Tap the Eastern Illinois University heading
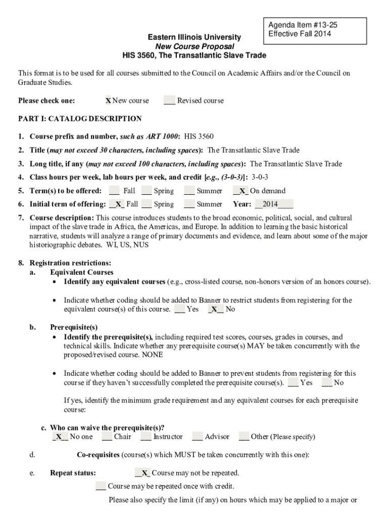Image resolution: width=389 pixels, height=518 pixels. [x=194, y=37]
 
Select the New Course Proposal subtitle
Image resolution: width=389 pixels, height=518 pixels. [x=194, y=46]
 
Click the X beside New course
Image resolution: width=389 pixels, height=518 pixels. [x=108, y=101]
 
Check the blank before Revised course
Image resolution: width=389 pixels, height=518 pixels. [x=169, y=101]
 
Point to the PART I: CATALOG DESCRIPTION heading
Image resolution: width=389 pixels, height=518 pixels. [x=80, y=119]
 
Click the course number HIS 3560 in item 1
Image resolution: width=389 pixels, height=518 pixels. [x=199, y=137]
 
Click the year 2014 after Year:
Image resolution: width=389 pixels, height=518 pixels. [x=270, y=205]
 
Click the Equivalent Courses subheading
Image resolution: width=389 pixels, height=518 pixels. [x=82, y=272]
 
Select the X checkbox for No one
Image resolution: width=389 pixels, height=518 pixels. [x=60, y=437]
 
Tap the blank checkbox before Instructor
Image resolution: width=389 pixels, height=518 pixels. [x=145, y=437]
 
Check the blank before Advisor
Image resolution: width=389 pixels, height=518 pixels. [x=197, y=437]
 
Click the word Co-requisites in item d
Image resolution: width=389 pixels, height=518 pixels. [x=98, y=455]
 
